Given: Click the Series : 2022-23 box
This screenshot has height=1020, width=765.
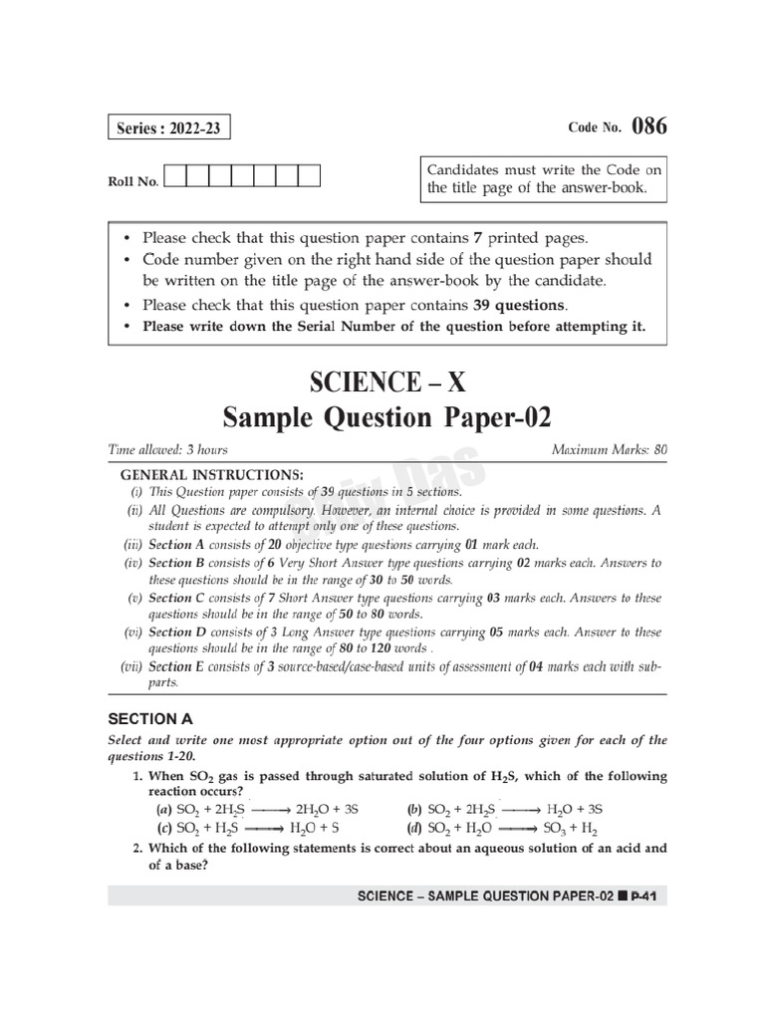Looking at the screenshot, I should pos(164,129).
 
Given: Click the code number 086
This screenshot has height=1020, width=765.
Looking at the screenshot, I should pos(648,127).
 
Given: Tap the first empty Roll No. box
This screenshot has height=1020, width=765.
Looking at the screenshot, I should pos(173,177).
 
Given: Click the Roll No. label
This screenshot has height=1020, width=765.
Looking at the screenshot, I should pos(132,182).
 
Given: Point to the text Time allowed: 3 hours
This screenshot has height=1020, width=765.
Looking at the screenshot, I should pos(167,450).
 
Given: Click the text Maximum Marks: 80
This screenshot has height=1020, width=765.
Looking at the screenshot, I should pos(609,450).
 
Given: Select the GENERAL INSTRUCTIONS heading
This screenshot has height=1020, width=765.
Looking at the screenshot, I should pos(212,475).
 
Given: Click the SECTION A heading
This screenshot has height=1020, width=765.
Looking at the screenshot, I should pos(150,718).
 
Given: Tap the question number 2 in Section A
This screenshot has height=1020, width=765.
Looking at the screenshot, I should pos(136,848).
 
